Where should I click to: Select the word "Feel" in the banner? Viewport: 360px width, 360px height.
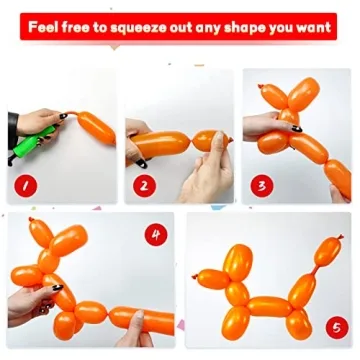point(47,26)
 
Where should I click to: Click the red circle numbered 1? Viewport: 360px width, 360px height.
point(24,184)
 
